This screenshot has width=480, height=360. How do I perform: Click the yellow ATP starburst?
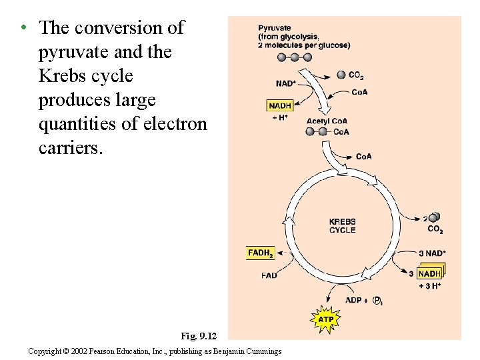point(325,320)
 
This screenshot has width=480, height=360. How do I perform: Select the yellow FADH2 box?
point(260,253)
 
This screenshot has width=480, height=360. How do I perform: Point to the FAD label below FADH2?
point(269,275)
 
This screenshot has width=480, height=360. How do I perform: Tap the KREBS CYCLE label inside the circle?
point(343,226)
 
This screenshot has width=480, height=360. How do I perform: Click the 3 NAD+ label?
point(432,253)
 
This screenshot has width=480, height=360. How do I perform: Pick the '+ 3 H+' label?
point(430,285)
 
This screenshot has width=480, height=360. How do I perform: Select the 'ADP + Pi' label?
point(363,301)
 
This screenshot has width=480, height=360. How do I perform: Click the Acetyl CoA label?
point(327,121)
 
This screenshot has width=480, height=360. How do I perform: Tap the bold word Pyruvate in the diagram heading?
point(275,28)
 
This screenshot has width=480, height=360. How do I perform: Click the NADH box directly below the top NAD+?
point(280,105)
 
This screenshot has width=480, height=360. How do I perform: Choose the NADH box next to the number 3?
point(430,273)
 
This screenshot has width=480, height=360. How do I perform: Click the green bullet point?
point(23,27)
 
